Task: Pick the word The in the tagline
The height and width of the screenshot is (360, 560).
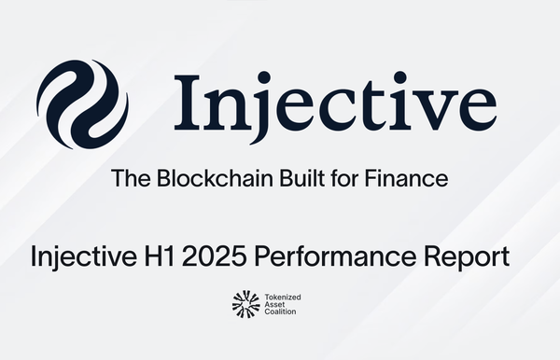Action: pyautogui.click(x=128, y=178)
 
